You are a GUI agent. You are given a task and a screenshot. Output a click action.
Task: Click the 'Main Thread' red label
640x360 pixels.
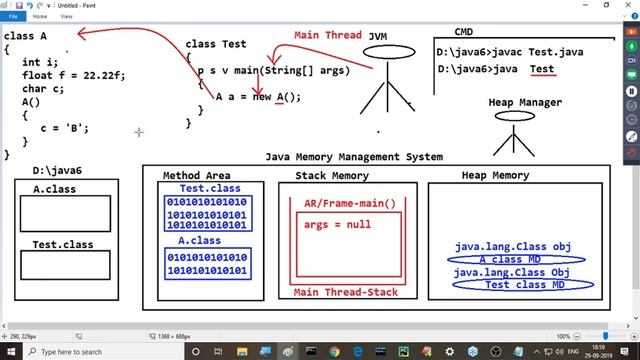[327, 35]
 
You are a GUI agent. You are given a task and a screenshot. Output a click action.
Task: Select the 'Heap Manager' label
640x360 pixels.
[525, 102]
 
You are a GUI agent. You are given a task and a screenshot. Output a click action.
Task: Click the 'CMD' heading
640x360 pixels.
[464, 32]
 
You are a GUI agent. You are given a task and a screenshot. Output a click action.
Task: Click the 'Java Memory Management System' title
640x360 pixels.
[354, 156]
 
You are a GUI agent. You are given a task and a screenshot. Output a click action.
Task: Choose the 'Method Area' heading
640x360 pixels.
[195, 176]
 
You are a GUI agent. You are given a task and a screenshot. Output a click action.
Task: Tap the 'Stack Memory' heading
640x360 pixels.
[332, 176]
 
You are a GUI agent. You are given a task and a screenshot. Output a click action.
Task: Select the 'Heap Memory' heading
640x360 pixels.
[495, 176]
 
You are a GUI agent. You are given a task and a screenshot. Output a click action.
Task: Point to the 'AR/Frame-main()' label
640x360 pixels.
[349, 204]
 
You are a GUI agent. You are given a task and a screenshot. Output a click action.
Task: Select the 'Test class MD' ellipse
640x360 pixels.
[522, 285]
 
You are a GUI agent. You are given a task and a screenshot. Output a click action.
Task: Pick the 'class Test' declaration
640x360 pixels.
[215, 44]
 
